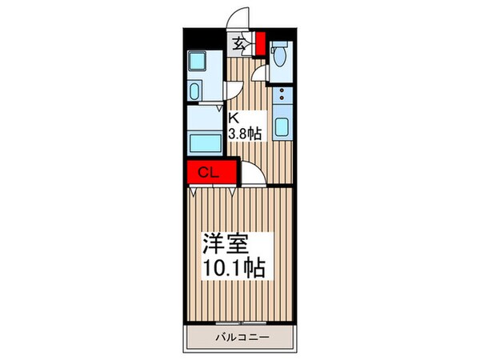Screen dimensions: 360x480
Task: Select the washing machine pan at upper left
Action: [x=198, y=63]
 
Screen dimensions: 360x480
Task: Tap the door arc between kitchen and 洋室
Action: [x=249, y=171]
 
